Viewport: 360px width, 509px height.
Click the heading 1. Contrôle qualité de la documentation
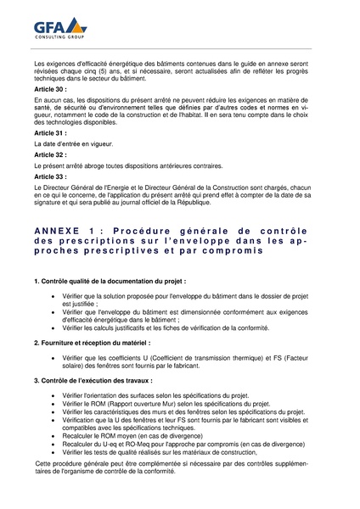click(x=110, y=281)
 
